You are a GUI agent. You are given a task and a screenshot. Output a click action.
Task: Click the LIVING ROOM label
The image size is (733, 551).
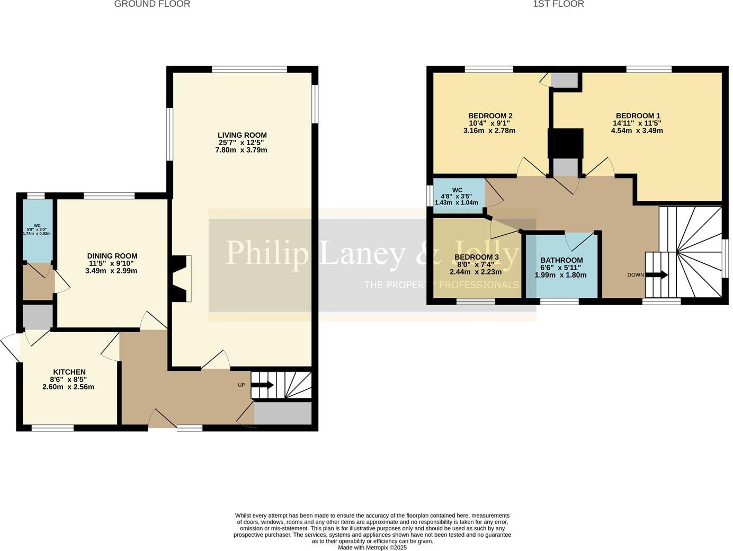[242, 135]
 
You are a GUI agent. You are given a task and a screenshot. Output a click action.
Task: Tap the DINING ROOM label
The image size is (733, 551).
[112, 256]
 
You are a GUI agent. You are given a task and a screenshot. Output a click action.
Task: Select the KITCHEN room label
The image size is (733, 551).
[69, 372]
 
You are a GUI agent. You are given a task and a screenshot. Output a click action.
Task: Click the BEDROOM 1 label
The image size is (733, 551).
[638, 115]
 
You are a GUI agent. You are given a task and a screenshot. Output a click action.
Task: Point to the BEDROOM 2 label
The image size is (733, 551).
[490, 115]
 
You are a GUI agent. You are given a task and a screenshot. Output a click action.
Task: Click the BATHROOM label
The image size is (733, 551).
[561, 260]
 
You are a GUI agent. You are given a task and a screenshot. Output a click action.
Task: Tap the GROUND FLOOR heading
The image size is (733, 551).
[152, 4]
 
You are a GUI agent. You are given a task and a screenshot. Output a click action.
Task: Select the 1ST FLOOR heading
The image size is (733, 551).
[558, 4]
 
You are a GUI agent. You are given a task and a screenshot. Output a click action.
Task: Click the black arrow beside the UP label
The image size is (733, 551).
[262, 385]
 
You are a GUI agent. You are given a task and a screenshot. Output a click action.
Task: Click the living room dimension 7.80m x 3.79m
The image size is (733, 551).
[241, 150]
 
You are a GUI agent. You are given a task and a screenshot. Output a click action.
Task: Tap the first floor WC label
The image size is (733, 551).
[457, 190]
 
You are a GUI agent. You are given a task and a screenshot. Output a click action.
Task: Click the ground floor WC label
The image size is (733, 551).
[37, 225]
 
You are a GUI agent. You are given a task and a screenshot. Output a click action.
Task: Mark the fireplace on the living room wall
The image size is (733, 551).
[181, 279]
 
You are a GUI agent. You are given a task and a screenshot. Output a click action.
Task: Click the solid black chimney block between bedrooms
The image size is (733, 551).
[566, 143]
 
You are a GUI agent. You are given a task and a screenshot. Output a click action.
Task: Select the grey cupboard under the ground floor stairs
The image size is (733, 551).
[283, 413]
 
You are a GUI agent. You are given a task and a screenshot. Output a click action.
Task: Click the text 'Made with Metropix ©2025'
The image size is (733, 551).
[372, 547]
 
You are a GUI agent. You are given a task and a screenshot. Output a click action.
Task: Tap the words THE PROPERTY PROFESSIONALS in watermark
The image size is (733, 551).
[441, 285]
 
